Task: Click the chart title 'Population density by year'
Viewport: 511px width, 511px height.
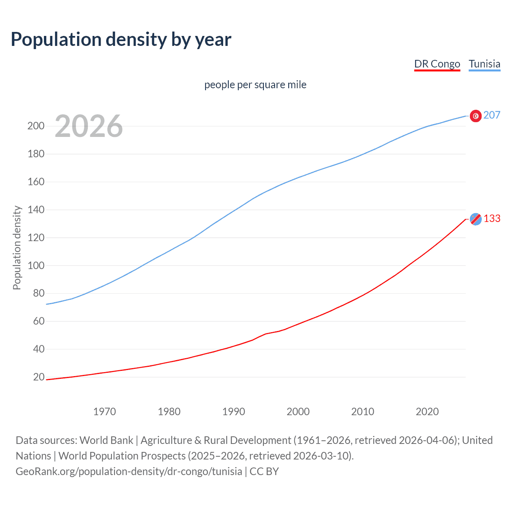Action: (x=121, y=40)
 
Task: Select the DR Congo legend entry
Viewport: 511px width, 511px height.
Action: (x=437, y=64)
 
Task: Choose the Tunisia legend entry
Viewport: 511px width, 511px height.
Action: (x=484, y=64)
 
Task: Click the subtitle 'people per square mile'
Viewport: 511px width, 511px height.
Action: (x=255, y=85)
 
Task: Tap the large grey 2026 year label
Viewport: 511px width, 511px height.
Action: (x=89, y=126)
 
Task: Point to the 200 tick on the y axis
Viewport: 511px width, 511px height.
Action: (x=36, y=126)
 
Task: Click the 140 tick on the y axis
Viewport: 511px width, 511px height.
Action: (x=36, y=210)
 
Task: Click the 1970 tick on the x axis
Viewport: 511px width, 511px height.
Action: (x=105, y=412)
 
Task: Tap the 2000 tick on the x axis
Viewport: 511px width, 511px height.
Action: (x=298, y=412)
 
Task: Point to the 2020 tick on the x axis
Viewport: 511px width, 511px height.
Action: (x=427, y=412)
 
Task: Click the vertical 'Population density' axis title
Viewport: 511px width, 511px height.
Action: (x=17, y=248)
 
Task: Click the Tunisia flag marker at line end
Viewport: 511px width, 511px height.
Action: (x=475, y=116)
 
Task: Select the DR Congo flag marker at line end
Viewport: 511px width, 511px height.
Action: (x=475, y=219)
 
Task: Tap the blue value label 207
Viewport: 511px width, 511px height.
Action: (x=492, y=115)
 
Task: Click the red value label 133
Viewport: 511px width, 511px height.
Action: (x=492, y=219)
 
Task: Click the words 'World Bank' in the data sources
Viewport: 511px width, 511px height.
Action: (x=106, y=440)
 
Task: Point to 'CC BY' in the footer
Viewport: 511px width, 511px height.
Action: (x=264, y=471)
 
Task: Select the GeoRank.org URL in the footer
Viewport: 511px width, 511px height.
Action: (x=129, y=471)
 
